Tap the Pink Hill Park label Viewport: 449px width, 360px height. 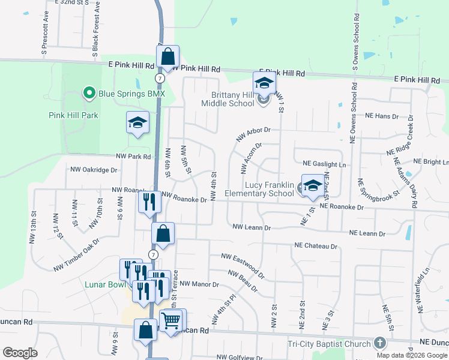click(x=73, y=115)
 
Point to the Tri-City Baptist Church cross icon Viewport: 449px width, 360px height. click(x=379, y=343)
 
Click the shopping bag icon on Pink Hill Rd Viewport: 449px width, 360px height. click(x=168, y=58)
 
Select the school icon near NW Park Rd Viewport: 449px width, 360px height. click(x=137, y=122)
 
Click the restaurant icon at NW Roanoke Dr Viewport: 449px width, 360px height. click(x=148, y=201)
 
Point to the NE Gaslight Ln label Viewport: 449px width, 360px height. click(x=325, y=163)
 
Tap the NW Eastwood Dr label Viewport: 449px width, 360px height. click(x=243, y=264)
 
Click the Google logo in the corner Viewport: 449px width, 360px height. click(x=20, y=353)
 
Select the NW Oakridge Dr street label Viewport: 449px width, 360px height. click(x=94, y=170)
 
